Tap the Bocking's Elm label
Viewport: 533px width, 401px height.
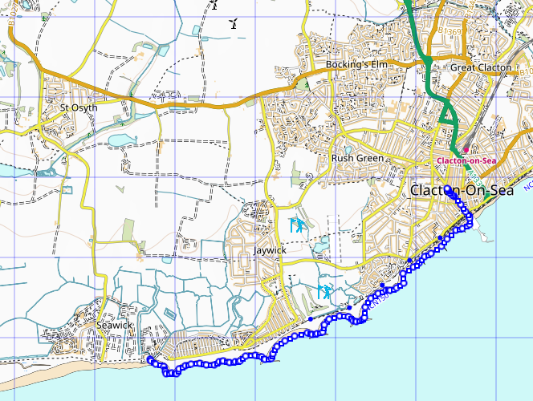tap(356, 64)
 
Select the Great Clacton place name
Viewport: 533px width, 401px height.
tap(480, 67)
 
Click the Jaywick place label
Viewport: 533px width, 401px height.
tap(270, 250)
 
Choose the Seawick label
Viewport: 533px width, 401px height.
tap(112, 326)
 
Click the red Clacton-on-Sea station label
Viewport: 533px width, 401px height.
tap(466, 160)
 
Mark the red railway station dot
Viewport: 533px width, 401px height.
tap(465, 149)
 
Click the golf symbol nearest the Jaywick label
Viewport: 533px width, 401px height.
tap(296, 225)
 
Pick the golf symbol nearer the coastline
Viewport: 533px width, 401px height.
tap(324, 291)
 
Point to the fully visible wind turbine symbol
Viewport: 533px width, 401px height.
tap(234, 23)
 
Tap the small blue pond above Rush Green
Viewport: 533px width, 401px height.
tap(348, 148)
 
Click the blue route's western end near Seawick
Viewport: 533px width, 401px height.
tap(149, 360)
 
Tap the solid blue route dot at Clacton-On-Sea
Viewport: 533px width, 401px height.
tap(447, 191)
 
